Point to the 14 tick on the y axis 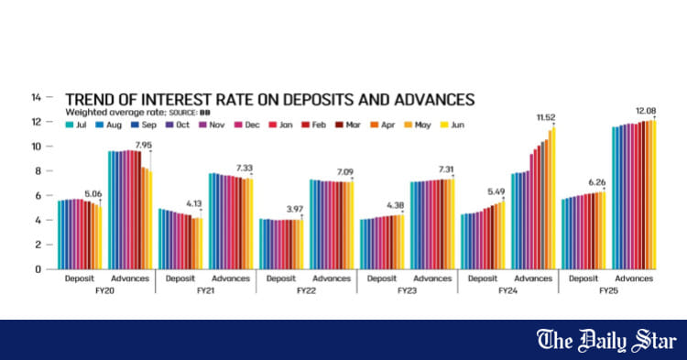pyautogui.click(x=37, y=97)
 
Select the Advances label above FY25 pyautogui.click(x=633, y=278)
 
